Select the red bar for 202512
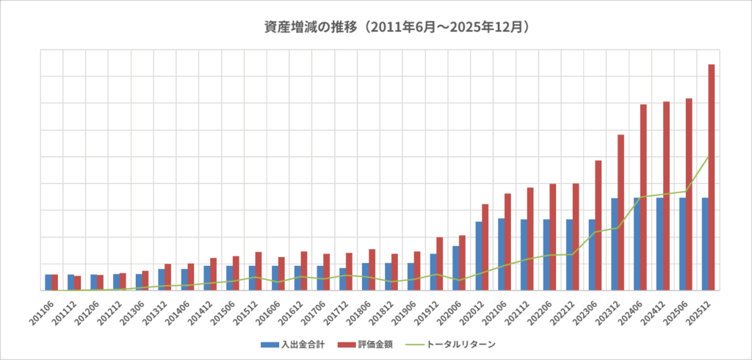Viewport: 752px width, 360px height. (711, 176)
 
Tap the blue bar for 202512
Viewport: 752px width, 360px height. (705, 244)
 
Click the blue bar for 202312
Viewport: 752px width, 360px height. (614, 244)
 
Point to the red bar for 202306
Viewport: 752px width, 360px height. (598, 225)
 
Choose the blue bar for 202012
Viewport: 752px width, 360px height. (478, 256)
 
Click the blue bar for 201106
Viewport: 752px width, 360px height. (48, 282)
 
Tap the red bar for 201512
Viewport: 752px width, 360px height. (258, 271)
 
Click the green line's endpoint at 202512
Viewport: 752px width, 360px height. (708, 156)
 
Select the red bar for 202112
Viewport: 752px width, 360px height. (529, 239)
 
